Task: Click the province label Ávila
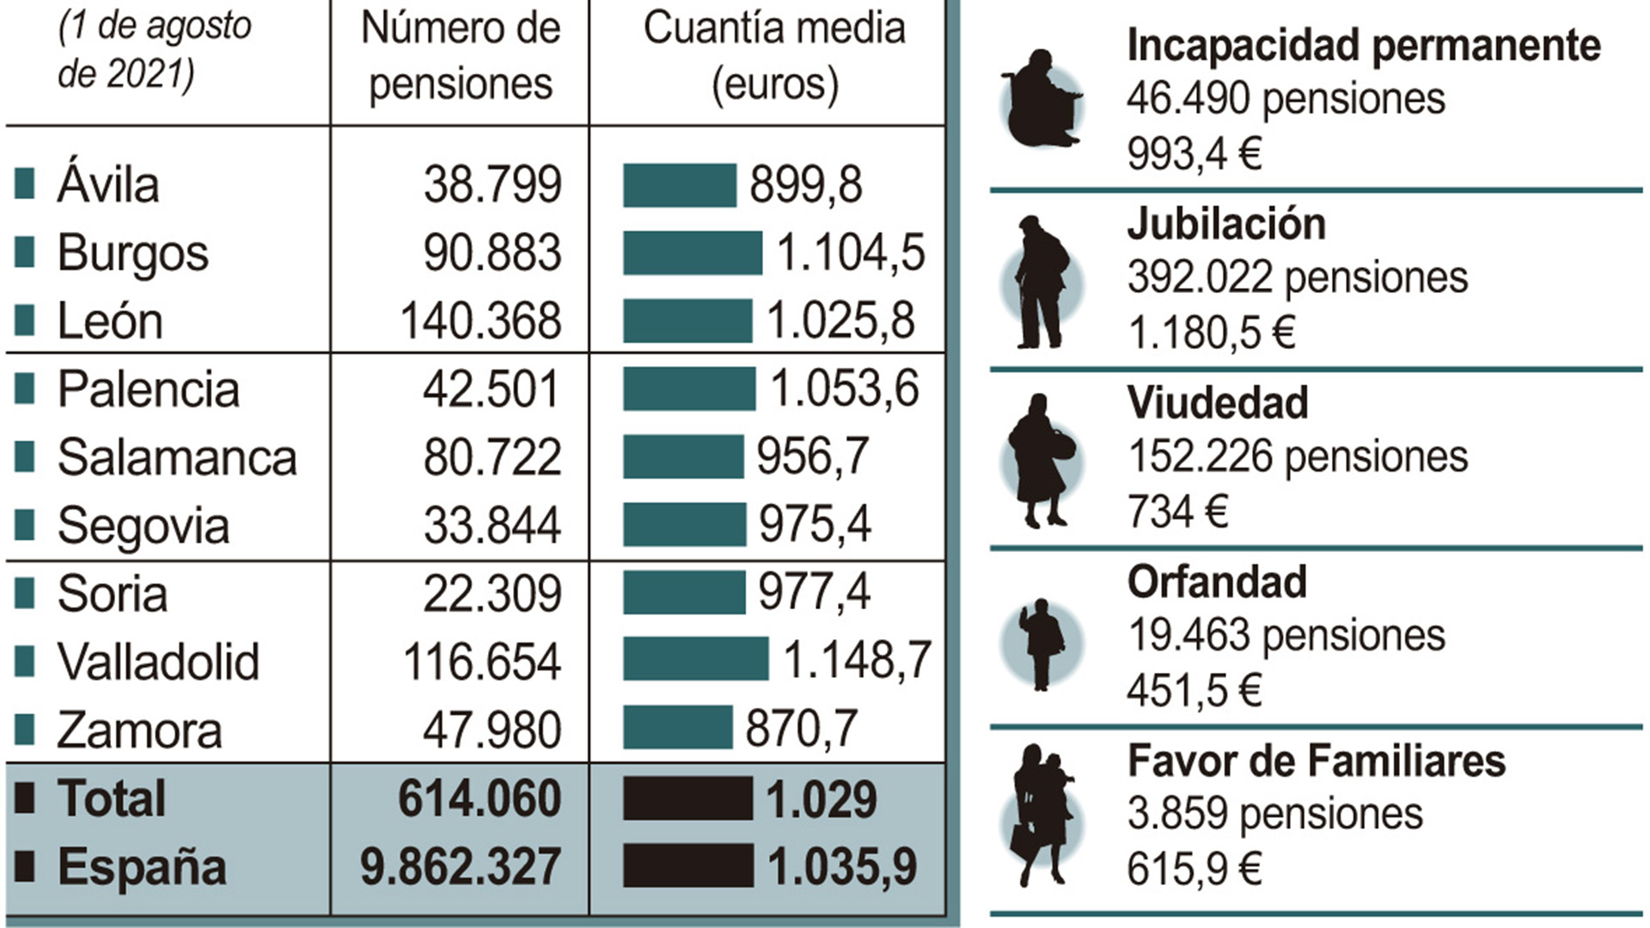pyautogui.click(x=108, y=185)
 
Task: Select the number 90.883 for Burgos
pyautogui.click(x=492, y=253)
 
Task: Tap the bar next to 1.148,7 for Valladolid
pyautogui.click(x=695, y=659)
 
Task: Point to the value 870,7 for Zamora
pyautogui.click(x=800, y=729)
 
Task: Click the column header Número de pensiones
pyautogui.click(x=460, y=56)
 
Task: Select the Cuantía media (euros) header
pyautogui.click(x=774, y=56)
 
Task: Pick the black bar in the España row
pyautogui.click(x=687, y=865)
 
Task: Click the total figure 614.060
pyautogui.click(x=480, y=798)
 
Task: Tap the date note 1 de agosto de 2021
pyautogui.click(x=155, y=50)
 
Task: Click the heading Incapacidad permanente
pyautogui.click(x=1363, y=45)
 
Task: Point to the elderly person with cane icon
pyautogui.click(x=1042, y=284)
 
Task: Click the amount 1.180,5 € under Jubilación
pyautogui.click(x=1211, y=333)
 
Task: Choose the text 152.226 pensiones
pyautogui.click(x=1297, y=456)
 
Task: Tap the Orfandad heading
pyautogui.click(x=1217, y=582)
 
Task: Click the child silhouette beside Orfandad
pyautogui.click(x=1042, y=643)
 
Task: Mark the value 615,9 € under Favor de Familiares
pyautogui.click(x=1194, y=869)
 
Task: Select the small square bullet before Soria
pyautogui.click(x=25, y=594)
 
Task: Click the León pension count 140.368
pyautogui.click(x=480, y=321)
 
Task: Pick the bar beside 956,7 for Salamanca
pyautogui.click(x=683, y=456)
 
